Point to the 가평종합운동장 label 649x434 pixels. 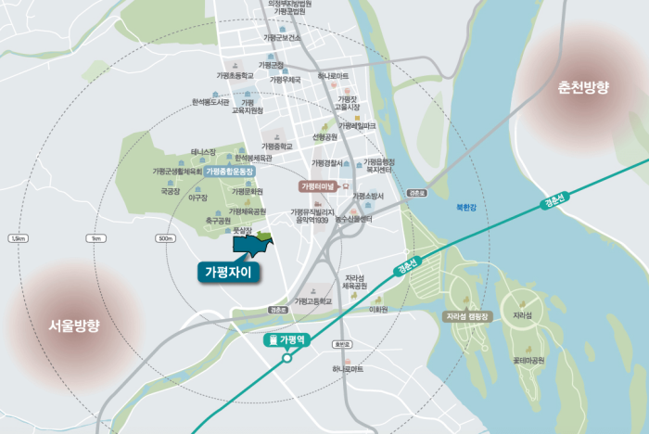click(x=229, y=172)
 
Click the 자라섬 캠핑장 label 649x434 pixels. click(x=468, y=316)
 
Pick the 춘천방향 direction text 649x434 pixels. click(x=583, y=88)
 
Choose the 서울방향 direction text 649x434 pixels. click(x=73, y=326)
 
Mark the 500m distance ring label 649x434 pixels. click(x=167, y=238)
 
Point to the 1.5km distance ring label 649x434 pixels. click(x=16, y=238)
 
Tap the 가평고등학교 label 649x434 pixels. click(x=312, y=301)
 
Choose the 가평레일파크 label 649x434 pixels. click(x=357, y=125)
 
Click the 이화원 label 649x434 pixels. click(x=378, y=309)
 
